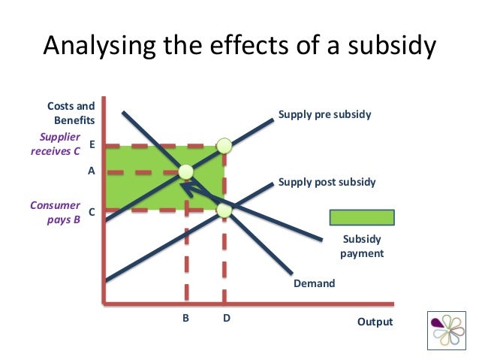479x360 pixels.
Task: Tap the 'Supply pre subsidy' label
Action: coord(325,115)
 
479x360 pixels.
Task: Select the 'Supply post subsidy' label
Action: coord(327,182)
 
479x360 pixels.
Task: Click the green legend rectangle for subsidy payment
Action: coord(362,218)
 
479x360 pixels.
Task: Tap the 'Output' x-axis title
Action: coord(375,322)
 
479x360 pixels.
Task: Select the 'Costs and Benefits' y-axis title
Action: coord(71,113)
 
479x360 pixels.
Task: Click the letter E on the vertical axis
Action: coord(92,143)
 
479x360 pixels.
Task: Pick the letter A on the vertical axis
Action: coord(92,171)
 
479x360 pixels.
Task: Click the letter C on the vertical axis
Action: coord(92,212)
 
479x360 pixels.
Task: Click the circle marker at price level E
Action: coord(224,145)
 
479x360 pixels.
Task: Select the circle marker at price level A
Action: coord(185,171)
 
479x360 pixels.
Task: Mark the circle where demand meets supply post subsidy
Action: coord(224,210)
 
